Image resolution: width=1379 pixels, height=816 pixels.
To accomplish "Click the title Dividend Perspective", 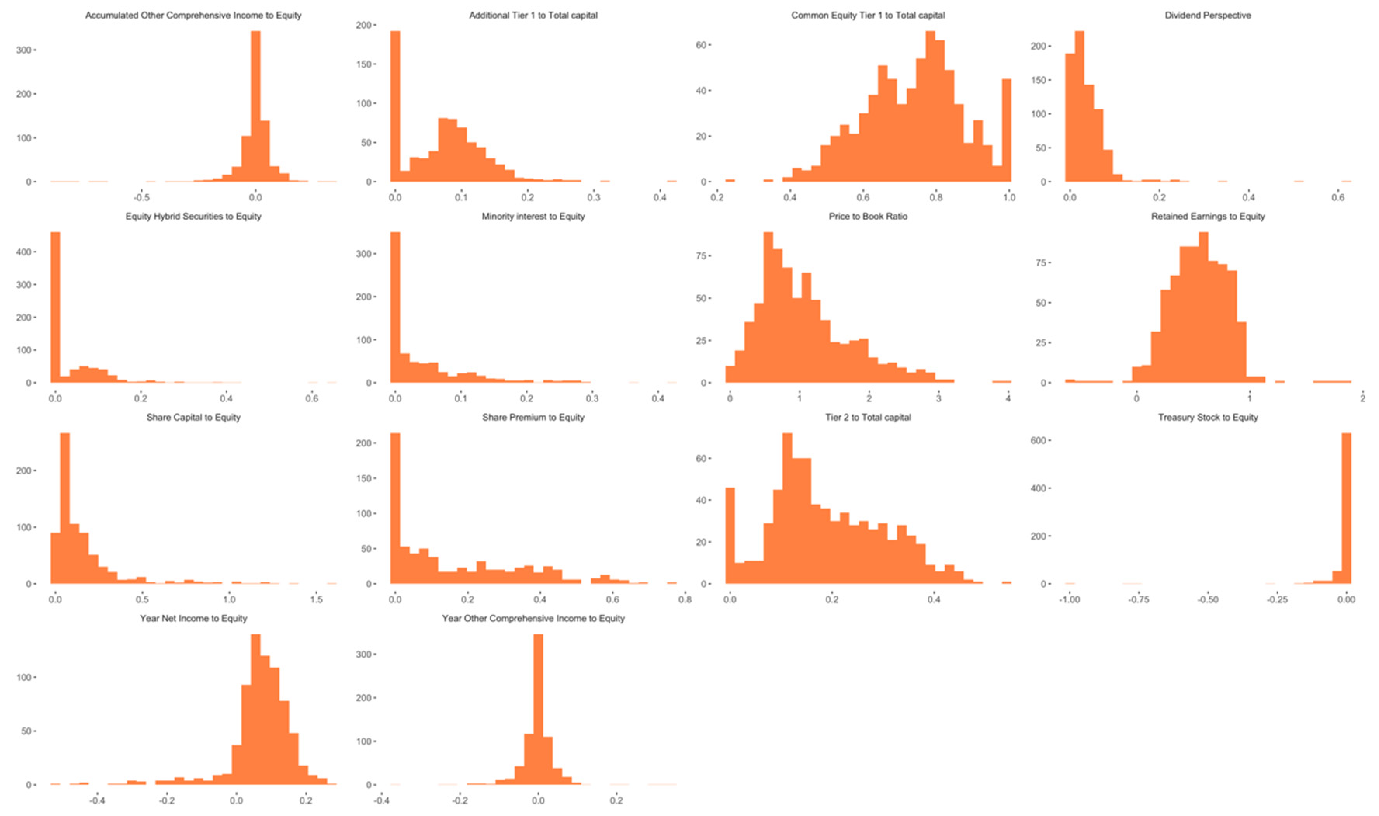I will [1207, 16].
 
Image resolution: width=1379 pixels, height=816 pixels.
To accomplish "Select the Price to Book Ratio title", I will [867, 216].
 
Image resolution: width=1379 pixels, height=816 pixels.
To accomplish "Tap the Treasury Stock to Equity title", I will [1207, 417].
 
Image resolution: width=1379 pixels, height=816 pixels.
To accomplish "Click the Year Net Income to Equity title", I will [193, 618].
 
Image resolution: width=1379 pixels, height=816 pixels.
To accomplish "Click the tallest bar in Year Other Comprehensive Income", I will [538, 709].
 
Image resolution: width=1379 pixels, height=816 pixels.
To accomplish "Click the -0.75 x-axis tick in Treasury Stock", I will [1138, 599].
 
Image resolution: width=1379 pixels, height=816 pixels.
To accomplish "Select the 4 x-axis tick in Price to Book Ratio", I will [1008, 399].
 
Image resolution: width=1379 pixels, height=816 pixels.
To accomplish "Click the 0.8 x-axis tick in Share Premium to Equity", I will [684, 599].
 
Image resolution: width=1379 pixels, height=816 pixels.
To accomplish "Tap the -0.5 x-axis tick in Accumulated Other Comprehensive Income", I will [141, 198].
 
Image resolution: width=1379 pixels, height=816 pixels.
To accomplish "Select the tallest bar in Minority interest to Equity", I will [395, 308].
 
